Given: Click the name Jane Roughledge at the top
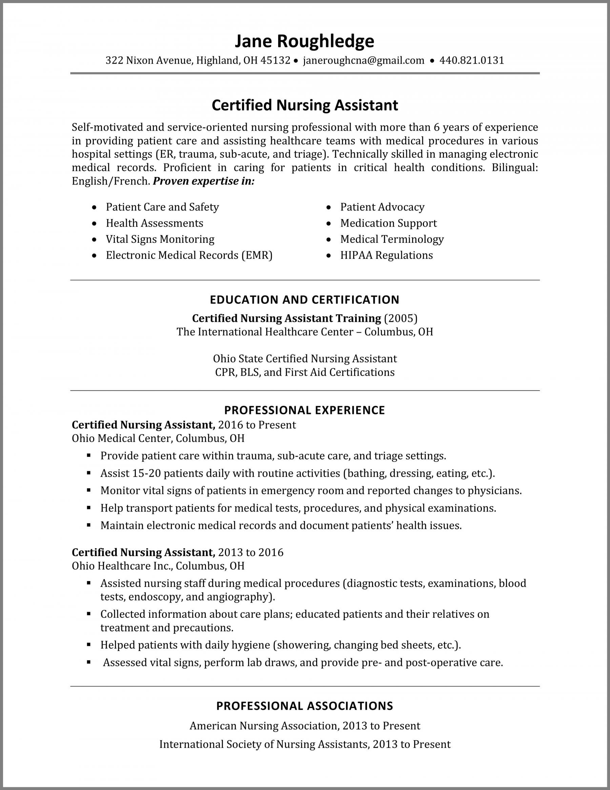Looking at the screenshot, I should [x=304, y=41].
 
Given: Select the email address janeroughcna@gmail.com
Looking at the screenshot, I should [x=363, y=60].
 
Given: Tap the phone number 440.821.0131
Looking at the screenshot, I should [x=471, y=60].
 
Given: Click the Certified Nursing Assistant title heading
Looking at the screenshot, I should [x=304, y=105].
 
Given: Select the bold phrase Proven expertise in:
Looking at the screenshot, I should [x=204, y=181].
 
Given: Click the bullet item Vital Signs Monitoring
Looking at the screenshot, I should [x=160, y=239].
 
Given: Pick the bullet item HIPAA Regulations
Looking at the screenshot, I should [x=386, y=255].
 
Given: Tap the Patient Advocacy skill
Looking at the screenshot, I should [x=382, y=207].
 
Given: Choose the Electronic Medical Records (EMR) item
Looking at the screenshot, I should [x=189, y=255].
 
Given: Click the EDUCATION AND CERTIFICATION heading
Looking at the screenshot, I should [x=304, y=299].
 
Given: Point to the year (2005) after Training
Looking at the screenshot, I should [x=401, y=318].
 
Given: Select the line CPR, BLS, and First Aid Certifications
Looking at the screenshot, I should [x=304, y=372].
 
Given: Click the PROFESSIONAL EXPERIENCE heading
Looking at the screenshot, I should [x=304, y=410].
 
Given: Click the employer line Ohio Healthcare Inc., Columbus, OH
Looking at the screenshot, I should [x=158, y=566].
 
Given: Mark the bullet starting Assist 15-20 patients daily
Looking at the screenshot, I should [x=297, y=473].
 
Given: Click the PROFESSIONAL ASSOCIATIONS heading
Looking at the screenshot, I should [x=304, y=706].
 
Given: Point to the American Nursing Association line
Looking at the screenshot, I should [x=304, y=726].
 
